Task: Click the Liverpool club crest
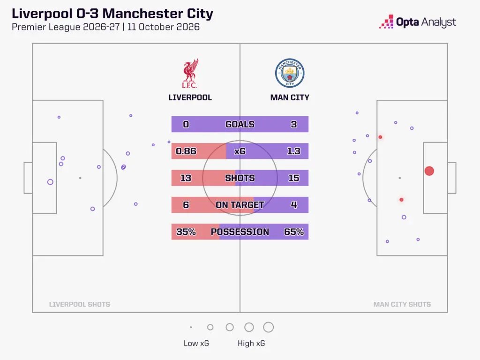(x=190, y=73)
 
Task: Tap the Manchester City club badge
(x=290, y=73)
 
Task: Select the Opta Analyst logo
(x=418, y=22)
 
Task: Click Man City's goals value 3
(x=293, y=124)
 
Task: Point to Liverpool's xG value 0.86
(x=186, y=151)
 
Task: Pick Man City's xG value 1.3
(x=293, y=151)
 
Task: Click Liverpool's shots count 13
(x=186, y=178)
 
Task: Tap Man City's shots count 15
(x=293, y=178)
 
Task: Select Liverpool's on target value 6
(x=186, y=205)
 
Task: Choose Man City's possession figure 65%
(x=294, y=232)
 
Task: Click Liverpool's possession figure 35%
(x=186, y=232)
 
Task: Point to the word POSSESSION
(x=240, y=232)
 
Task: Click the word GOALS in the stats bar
(x=240, y=124)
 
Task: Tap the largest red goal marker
(x=429, y=171)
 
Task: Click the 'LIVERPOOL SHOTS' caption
(x=80, y=304)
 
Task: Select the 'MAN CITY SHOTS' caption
(x=402, y=304)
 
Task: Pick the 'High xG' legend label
(x=251, y=344)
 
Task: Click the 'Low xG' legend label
(x=196, y=344)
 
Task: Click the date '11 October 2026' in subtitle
(x=164, y=27)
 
